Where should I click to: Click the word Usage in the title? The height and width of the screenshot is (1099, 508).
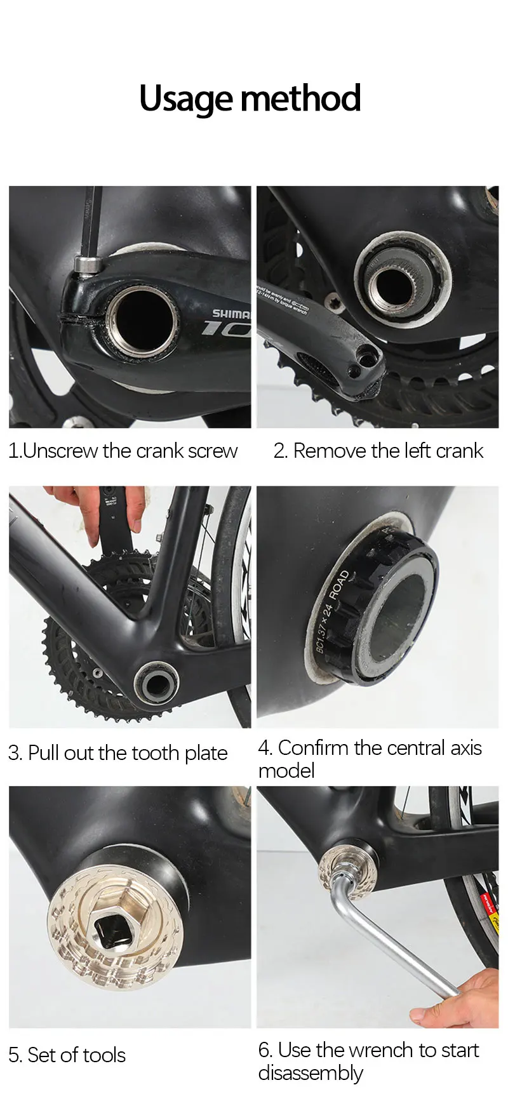point(186,100)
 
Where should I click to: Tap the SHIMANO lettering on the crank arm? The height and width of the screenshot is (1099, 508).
point(231,314)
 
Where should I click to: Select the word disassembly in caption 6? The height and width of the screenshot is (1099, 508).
point(311,1073)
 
